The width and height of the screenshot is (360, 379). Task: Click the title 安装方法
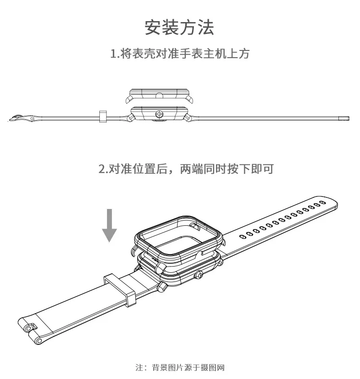click(x=180, y=27)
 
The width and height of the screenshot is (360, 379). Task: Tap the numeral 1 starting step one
click(x=113, y=54)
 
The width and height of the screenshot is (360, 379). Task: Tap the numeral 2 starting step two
click(x=102, y=169)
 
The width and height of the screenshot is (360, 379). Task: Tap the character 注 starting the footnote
click(x=139, y=368)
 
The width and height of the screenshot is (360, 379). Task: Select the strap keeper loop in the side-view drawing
click(x=102, y=116)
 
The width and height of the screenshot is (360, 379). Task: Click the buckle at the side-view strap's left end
click(x=22, y=117)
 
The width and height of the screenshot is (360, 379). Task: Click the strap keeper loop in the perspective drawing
click(x=119, y=288)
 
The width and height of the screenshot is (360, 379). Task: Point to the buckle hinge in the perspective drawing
click(x=30, y=329)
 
